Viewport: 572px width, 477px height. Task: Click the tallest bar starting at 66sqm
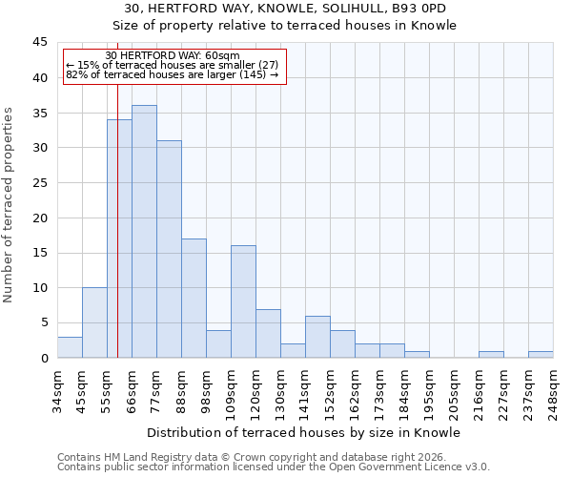144,232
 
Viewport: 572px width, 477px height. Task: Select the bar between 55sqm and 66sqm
119,238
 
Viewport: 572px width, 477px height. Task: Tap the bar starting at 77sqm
169,249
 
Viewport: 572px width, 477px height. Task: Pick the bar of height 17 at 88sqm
194,299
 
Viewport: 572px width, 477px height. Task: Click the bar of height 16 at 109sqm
243,301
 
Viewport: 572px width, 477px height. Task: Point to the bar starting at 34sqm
70,347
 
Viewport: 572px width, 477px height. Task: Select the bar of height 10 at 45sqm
94,322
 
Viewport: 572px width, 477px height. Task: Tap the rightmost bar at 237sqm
541,355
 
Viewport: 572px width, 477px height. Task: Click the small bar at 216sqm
491,355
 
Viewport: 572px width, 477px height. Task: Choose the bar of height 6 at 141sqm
317,337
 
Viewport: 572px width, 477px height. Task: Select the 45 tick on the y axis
40,43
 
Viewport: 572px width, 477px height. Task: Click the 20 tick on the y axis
40,218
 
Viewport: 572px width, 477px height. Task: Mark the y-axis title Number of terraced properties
9,204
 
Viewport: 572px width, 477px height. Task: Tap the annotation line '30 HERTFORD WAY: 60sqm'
173,56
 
